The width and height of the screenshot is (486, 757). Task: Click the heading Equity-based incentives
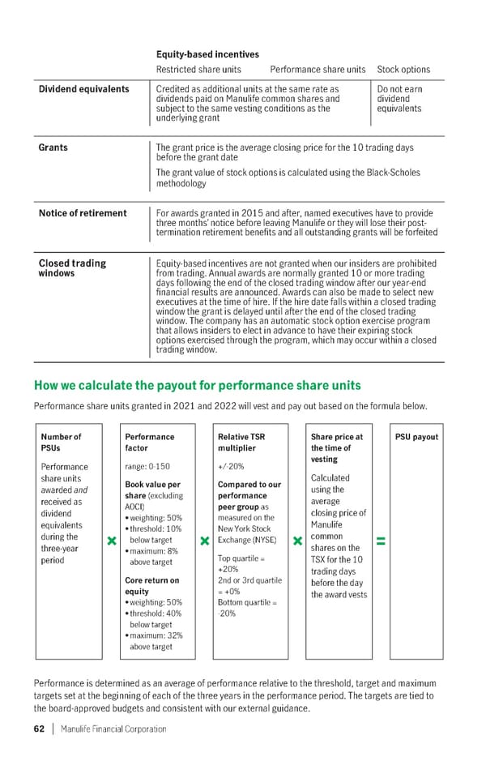click(x=207, y=54)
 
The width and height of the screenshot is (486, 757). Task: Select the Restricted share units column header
click(x=198, y=70)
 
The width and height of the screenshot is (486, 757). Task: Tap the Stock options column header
click(x=403, y=70)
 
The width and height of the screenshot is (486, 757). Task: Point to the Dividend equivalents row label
click(x=83, y=88)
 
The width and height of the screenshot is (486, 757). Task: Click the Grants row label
click(x=53, y=148)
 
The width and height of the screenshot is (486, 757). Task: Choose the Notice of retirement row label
click(x=83, y=213)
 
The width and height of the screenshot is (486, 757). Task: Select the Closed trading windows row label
click(x=72, y=267)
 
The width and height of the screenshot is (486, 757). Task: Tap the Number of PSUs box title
click(x=60, y=442)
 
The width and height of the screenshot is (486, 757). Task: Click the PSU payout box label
click(x=416, y=437)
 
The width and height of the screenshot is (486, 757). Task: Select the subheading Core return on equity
click(x=152, y=585)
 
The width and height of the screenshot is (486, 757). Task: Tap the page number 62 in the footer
click(x=39, y=729)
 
